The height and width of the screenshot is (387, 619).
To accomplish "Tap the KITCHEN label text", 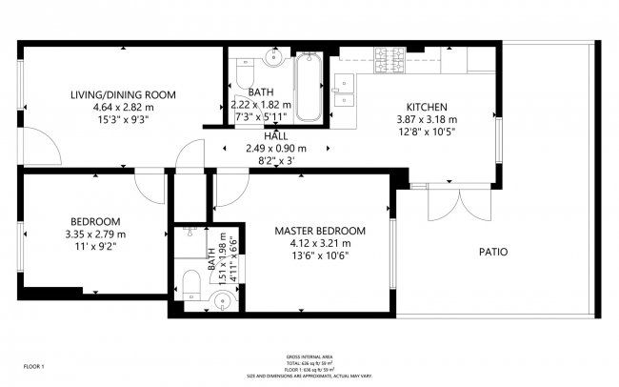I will click(x=427, y=107).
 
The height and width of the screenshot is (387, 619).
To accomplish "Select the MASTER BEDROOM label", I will click(x=320, y=231).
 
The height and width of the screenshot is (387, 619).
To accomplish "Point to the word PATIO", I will click(x=492, y=253).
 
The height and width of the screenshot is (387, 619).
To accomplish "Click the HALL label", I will click(x=276, y=136).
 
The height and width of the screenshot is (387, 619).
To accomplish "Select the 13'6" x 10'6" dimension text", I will click(x=320, y=255).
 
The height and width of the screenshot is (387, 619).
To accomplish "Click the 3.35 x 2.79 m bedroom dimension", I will click(x=95, y=234).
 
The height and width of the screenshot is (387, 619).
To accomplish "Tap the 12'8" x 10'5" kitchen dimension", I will click(x=427, y=132).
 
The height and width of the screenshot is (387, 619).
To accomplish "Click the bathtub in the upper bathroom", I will click(x=308, y=89).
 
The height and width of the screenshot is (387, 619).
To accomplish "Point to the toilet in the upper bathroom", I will click(x=244, y=72).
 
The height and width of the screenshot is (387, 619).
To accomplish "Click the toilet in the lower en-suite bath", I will click(x=190, y=283).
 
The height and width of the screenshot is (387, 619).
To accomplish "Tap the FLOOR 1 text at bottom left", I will click(x=34, y=365).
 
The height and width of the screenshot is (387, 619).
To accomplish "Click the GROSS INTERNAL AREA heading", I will click(x=309, y=357).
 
